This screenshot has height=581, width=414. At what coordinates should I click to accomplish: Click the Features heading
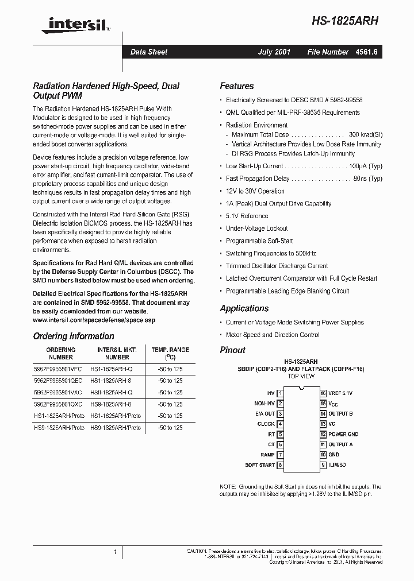pos(236,86)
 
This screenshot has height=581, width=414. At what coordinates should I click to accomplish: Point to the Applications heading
pos(244,308)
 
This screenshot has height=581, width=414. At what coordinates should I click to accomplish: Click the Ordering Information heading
pos(74,336)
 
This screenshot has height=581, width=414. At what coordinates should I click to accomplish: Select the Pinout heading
pos(232,350)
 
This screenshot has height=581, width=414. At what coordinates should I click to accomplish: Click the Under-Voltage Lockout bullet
pos(256,228)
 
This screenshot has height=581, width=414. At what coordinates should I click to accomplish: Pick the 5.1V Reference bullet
pos(247,216)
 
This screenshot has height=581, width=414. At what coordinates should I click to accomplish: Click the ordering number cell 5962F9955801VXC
pos(58,393)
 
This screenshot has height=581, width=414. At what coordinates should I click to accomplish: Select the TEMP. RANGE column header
pos(170,349)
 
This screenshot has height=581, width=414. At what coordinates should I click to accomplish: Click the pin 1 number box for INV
pos(280,393)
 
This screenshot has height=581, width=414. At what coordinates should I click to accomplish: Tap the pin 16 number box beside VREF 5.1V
pos(323,393)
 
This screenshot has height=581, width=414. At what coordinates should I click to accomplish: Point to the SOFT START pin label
pos(260,465)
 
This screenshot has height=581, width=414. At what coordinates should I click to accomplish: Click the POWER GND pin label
pos(343,435)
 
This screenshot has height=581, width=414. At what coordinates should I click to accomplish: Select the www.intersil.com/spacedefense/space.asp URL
pos(94,320)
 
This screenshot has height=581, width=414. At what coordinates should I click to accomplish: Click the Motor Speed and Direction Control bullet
pos(273,335)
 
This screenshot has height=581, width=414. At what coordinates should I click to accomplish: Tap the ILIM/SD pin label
pos(337,465)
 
